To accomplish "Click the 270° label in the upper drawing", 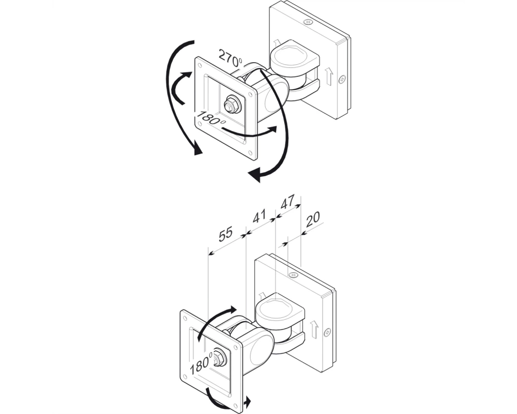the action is coord(230,58).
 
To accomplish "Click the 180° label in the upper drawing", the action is coord(210,118).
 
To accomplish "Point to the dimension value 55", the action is coord(226,234).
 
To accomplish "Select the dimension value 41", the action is coord(259,217).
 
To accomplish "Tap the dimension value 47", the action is coord(287,202).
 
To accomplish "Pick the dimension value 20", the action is coord(313,219).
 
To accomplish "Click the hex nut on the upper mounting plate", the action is coord(232,105).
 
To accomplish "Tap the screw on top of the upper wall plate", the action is coord(309,22).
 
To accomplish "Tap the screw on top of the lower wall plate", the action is coord(293,275).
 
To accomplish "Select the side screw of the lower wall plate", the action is coord(327,332).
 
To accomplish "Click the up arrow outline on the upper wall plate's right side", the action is coord(328,77).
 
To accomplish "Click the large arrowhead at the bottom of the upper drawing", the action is coord(256,174).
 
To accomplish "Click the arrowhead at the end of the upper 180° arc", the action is coord(272,129).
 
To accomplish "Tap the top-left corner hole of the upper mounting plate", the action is coord(200,65).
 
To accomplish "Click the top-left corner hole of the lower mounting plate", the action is coord(185,318).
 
